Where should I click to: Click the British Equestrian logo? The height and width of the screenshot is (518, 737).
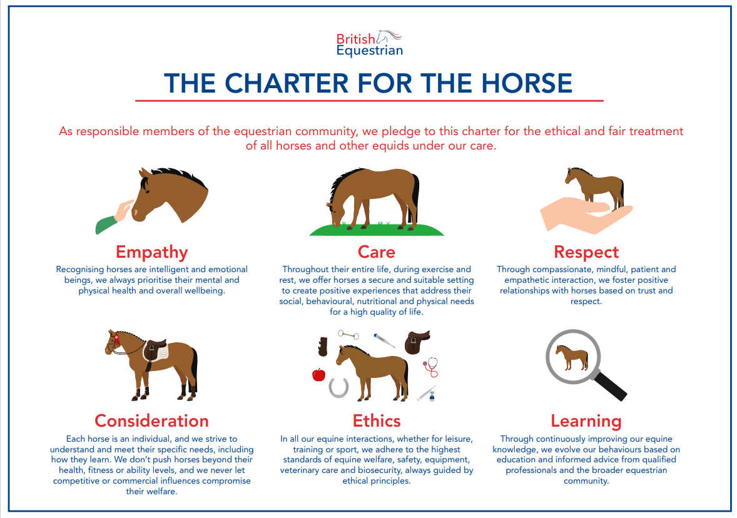click(370, 44)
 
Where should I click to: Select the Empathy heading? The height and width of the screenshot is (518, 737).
click(152, 252)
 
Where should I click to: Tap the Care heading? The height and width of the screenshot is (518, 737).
click(377, 252)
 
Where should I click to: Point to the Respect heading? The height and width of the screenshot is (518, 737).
click(586, 252)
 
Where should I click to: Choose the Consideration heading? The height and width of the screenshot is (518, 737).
click(152, 420)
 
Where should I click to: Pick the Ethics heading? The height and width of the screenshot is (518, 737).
click(377, 420)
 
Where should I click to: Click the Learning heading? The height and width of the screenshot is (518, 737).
click(586, 421)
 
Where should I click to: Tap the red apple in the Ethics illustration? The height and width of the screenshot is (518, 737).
click(318, 375)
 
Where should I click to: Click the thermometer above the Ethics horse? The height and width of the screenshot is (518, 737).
click(384, 340)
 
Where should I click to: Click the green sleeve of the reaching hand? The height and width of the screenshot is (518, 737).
click(106, 225)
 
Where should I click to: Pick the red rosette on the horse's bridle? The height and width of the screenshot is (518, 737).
click(116, 337)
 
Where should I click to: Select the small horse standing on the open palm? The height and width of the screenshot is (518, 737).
click(595, 188)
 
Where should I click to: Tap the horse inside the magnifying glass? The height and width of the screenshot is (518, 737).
click(572, 357)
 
